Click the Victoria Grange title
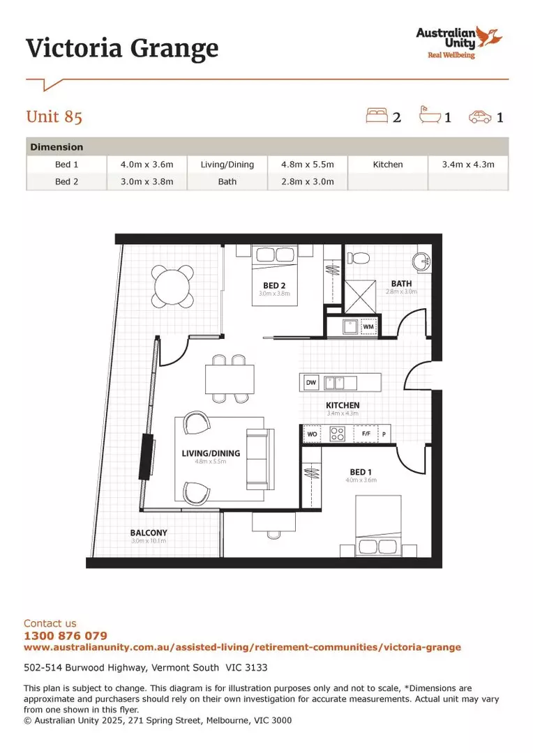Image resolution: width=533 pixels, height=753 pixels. (x=122, y=48)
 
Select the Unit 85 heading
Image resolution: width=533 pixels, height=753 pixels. (x=54, y=116)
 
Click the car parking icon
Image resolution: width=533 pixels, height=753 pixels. (x=479, y=116)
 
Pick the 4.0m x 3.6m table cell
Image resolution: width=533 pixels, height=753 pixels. (x=147, y=165)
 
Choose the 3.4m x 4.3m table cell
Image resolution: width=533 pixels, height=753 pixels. (x=467, y=165)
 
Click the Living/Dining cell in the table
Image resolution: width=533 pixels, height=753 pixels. (x=227, y=165)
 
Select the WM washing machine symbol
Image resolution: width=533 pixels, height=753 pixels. (x=368, y=326)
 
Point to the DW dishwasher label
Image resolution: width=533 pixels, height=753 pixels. (x=311, y=383)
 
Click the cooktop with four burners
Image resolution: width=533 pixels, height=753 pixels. (x=338, y=434)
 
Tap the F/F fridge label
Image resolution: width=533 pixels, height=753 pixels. (x=366, y=434)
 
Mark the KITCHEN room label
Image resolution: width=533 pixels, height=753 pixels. (x=343, y=405)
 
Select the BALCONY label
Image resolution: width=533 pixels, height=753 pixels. (x=149, y=533)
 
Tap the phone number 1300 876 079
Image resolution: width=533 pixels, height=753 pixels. (x=66, y=636)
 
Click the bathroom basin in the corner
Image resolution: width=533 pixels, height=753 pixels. (x=421, y=262)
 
